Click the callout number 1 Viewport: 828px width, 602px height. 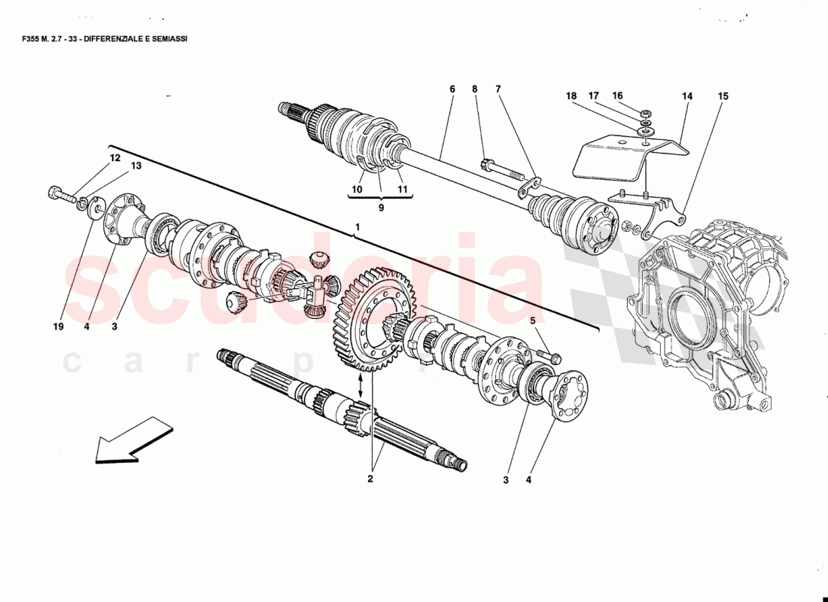(358, 227)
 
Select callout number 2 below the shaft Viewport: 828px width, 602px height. (370, 478)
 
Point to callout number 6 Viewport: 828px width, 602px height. (452, 90)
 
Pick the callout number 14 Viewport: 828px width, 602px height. (686, 96)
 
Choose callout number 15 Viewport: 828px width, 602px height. (723, 96)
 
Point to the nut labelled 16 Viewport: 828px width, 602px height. (646, 114)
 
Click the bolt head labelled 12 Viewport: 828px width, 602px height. (54, 192)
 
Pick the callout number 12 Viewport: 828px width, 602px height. (114, 158)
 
